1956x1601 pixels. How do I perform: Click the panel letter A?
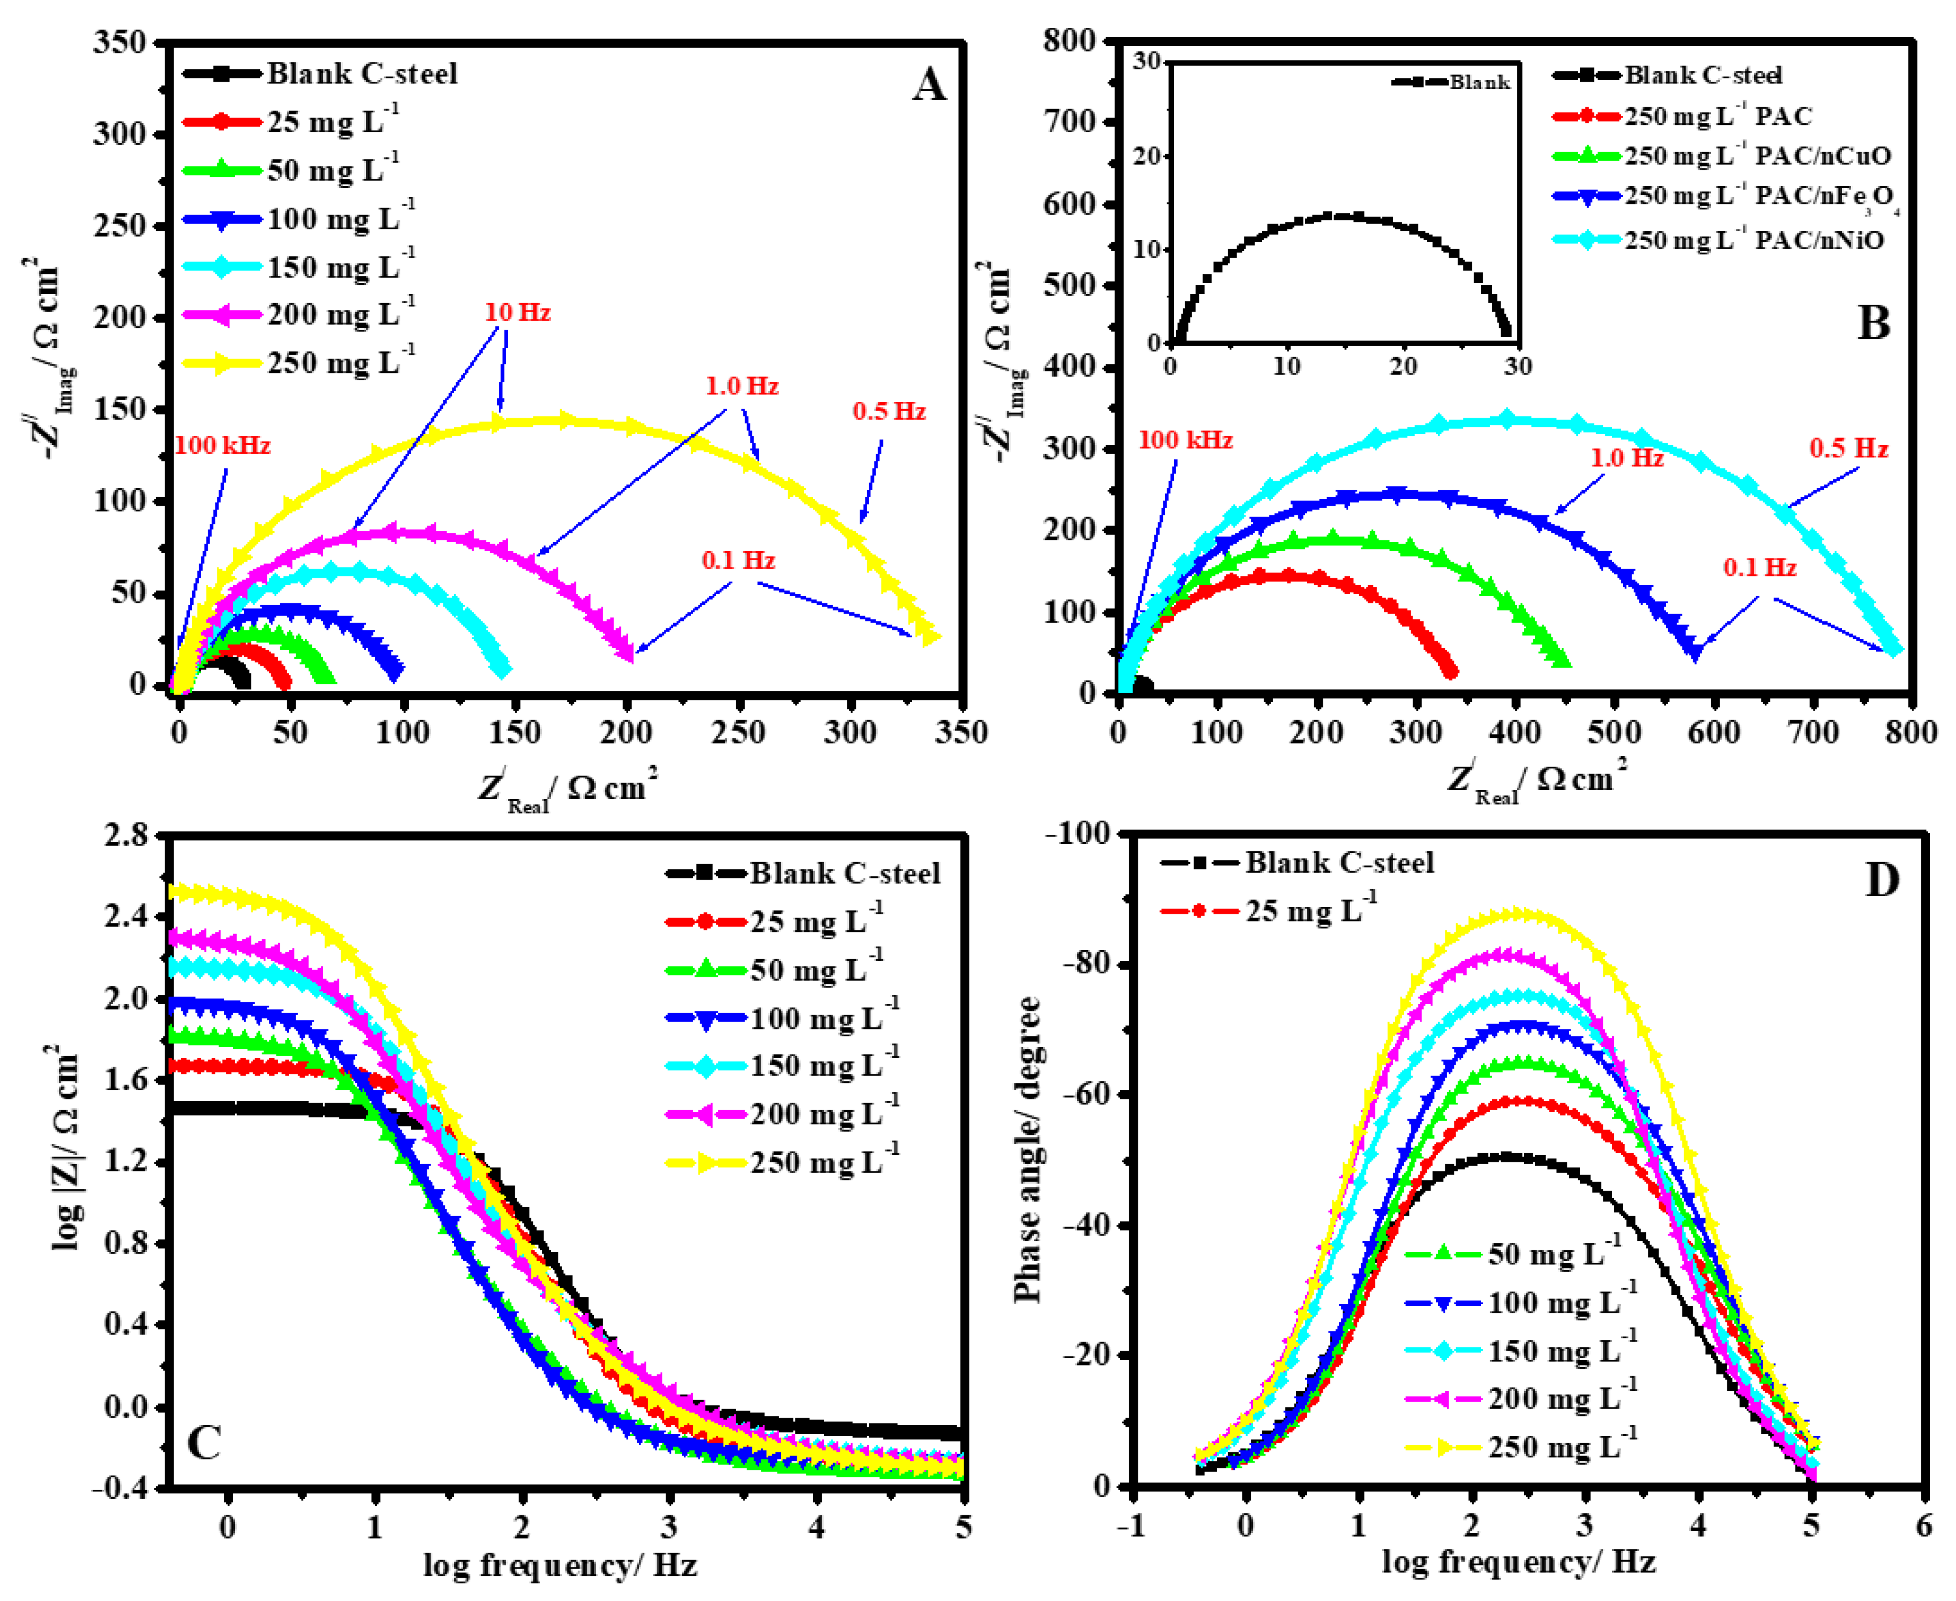(x=929, y=87)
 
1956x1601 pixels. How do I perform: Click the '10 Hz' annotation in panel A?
(x=518, y=313)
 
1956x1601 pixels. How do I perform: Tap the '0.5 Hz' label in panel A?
(x=888, y=411)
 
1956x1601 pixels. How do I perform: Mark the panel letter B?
(x=1873, y=323)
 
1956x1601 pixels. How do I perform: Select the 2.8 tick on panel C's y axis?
(x=127, y=835)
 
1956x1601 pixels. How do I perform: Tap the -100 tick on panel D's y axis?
(x=1077, y=834)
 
